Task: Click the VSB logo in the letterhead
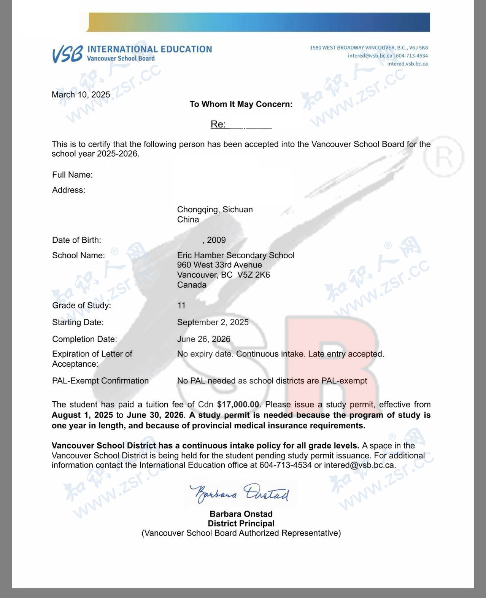(x=67, y=54)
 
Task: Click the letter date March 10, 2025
(x=81, y=95)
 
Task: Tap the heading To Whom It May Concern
(x=241, y=104)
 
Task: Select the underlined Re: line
(x=241, y=124)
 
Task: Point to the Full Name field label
(x=72, y=175)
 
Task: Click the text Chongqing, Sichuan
(x=215, y=210)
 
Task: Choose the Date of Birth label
(x=76, y=240)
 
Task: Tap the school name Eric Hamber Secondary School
(x=236, y=255)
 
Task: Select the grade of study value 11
(x=181, y=305)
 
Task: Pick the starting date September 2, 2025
(x=213, y=322)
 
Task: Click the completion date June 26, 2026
(x=204, y=339)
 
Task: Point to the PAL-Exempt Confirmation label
(x=100, y=381)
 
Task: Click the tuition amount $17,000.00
(x=238, y=404)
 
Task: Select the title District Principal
(x=241, y=523)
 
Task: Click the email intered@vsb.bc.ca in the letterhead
(x=370, y=56)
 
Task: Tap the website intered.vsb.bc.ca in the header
(x=407, y=64)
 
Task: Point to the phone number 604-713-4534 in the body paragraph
(x=285, y=465)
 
